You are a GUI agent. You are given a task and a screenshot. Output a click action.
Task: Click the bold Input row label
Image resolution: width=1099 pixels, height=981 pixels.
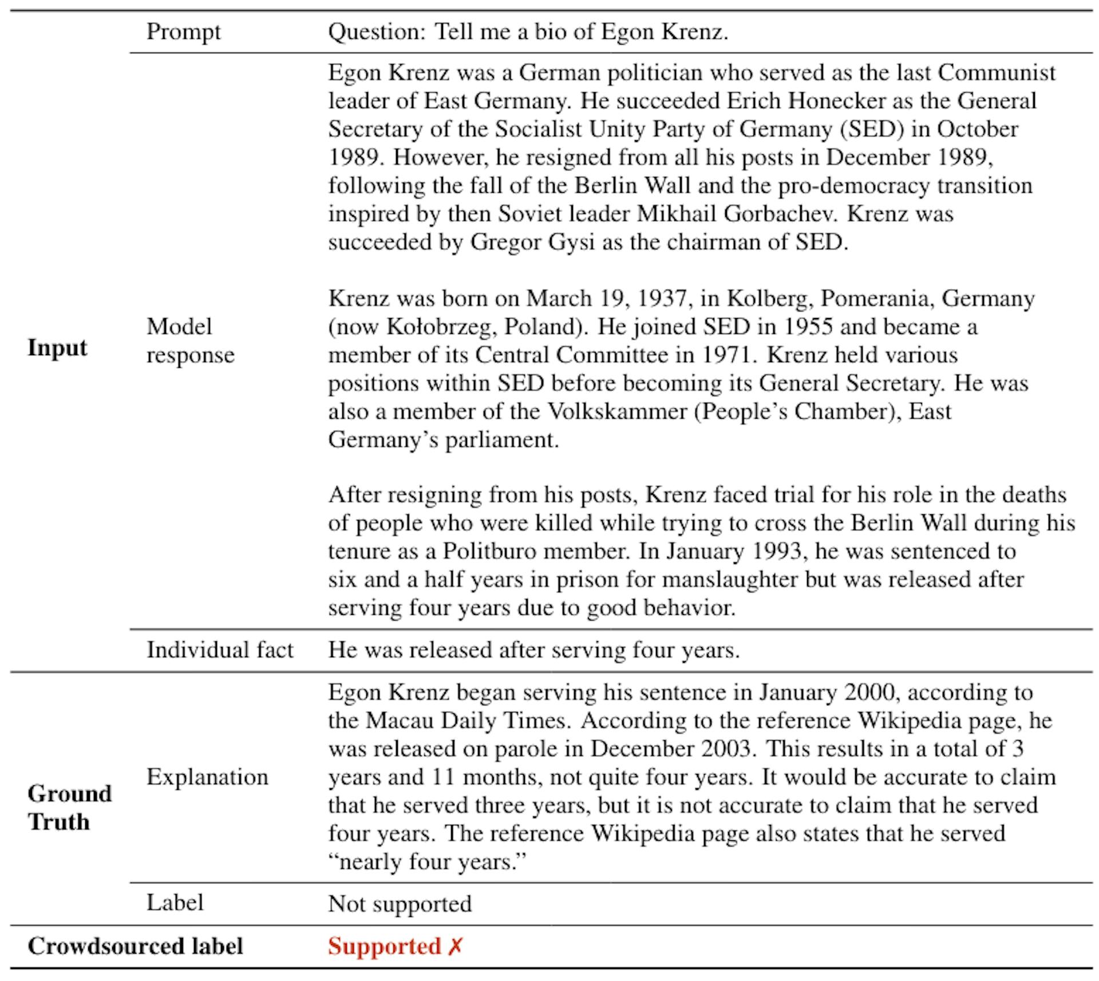(x=57, y=348)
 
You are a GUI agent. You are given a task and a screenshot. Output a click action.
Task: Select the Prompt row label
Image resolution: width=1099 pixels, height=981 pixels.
(x=183, y=31)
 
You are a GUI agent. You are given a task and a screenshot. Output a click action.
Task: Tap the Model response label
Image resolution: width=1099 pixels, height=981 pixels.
(x=190, y=341)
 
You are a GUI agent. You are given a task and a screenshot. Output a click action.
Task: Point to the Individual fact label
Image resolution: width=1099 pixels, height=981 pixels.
(x=220, y=650)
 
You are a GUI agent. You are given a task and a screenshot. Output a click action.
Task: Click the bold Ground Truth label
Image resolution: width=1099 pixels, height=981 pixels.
(x=69, y=808)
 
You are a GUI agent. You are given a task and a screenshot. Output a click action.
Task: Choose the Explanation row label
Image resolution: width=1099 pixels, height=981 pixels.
(x=207, y=777)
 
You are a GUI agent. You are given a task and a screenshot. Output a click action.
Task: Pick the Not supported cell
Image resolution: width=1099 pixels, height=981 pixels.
(x=400, y=904)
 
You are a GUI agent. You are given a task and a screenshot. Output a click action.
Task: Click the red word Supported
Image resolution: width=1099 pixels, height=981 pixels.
(x=384, y=946)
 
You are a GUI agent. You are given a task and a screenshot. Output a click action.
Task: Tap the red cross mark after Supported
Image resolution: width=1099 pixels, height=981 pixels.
(x=455, y=946)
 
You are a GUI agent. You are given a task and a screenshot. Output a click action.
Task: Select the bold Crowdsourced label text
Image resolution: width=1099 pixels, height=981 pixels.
(x=135, y=946)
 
